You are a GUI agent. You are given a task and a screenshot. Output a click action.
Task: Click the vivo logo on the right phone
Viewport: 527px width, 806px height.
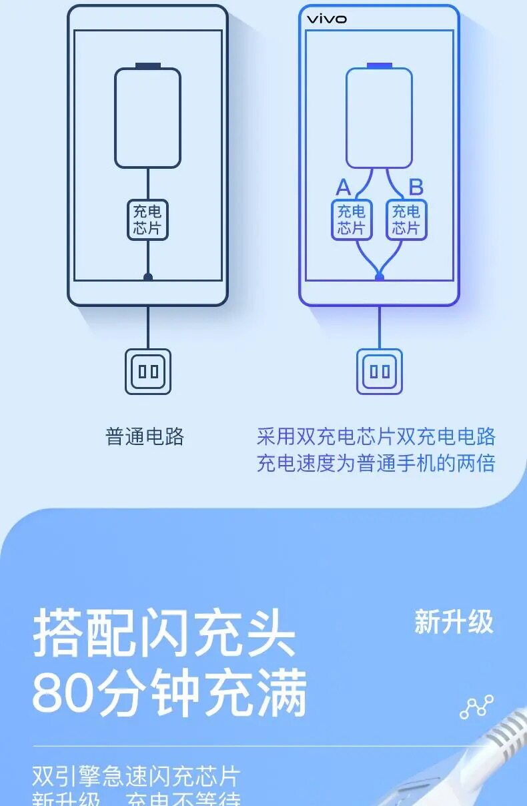[326, 19]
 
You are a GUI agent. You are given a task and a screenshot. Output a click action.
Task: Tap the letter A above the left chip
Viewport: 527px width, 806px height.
[343, 187]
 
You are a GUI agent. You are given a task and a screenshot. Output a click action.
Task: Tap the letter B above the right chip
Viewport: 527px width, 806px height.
[416, 187]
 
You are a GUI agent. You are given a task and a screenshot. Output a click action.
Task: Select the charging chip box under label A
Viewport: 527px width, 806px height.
[352, 220]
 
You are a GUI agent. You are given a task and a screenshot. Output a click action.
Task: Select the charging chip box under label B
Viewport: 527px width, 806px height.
[406, 220]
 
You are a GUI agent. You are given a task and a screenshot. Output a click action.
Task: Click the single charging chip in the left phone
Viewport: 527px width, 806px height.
[147, 220]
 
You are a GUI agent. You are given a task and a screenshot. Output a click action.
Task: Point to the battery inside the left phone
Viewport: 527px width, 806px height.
[147, 118]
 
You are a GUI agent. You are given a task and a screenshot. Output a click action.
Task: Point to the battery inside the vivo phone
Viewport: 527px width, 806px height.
[379, 118]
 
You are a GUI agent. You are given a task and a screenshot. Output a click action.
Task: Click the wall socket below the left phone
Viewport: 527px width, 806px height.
[148, 371]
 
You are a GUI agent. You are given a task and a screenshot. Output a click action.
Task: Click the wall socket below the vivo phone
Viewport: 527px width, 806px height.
[380, 371]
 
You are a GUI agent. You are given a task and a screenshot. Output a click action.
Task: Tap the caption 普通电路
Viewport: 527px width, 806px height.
[145, 437]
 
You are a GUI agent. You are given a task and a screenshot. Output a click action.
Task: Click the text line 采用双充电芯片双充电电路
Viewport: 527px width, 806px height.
[376, 436]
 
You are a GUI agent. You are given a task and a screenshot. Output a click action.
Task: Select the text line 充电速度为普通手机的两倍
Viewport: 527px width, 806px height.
[376, 463]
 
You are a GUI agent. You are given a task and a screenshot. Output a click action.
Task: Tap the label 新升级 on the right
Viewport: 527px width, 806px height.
[454, 622]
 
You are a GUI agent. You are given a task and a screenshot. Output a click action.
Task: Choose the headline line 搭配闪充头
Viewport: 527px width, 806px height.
[164, 632]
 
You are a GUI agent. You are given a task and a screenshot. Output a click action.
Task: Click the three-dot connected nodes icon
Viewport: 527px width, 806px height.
[477, 707]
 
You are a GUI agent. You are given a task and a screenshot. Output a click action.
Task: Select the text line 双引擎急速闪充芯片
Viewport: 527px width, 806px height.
[136, 777]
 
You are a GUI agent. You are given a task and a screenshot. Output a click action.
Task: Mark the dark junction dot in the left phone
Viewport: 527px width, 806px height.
[148, 277]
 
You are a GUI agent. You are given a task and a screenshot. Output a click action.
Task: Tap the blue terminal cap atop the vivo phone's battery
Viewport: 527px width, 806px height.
[379, 65]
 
